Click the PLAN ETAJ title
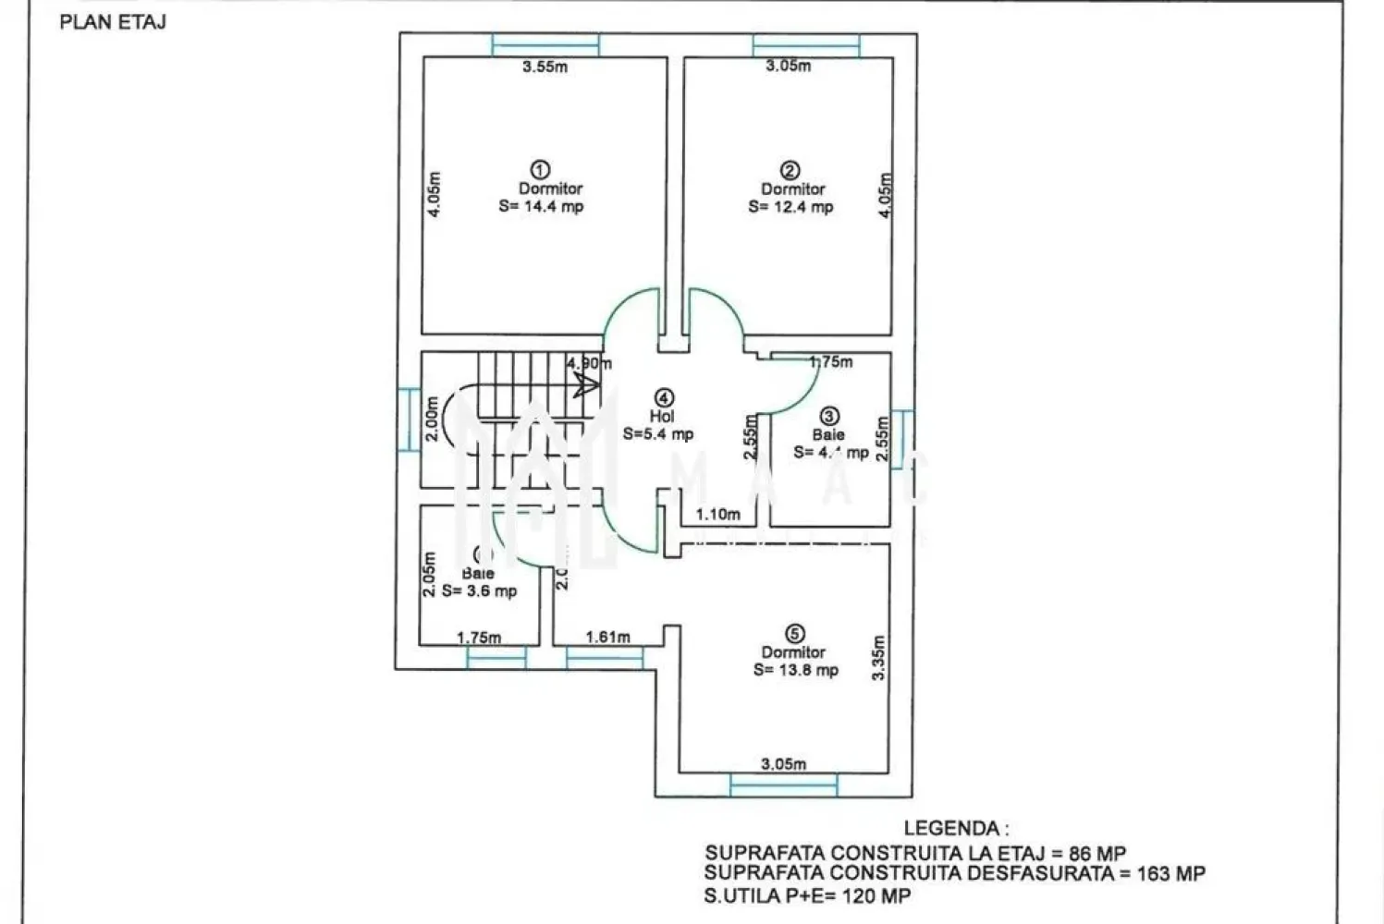tap(113, 22)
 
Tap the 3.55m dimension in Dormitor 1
tap(545, 67)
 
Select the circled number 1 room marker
tap(541, 170)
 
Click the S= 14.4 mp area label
tap(541, 207)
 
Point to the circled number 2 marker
tap(790, 170)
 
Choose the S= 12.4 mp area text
tap(790, 207)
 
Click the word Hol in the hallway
tap(662, 417)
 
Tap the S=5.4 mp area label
tap(657, 433)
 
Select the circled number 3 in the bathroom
tap(829, 417)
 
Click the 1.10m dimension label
tap(718, 514)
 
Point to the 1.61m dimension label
tap(607, 637)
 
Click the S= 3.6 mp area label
tap(479, 591)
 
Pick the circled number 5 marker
tap(794, 634)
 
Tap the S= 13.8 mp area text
tap(796, 670)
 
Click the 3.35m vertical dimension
tap(879, 658)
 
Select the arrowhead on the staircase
tap(584, 384)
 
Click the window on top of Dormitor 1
tap(545, 44)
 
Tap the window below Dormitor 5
tap(784, 784)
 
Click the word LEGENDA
tap(956, 829)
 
